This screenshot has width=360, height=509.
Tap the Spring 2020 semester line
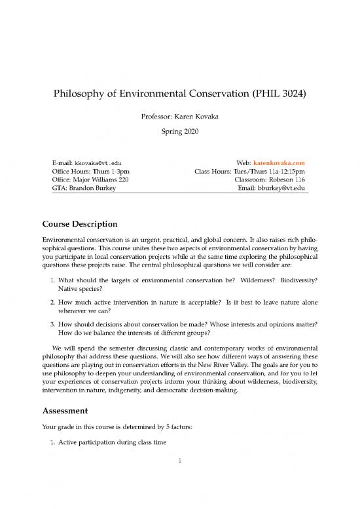coord(180,132)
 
